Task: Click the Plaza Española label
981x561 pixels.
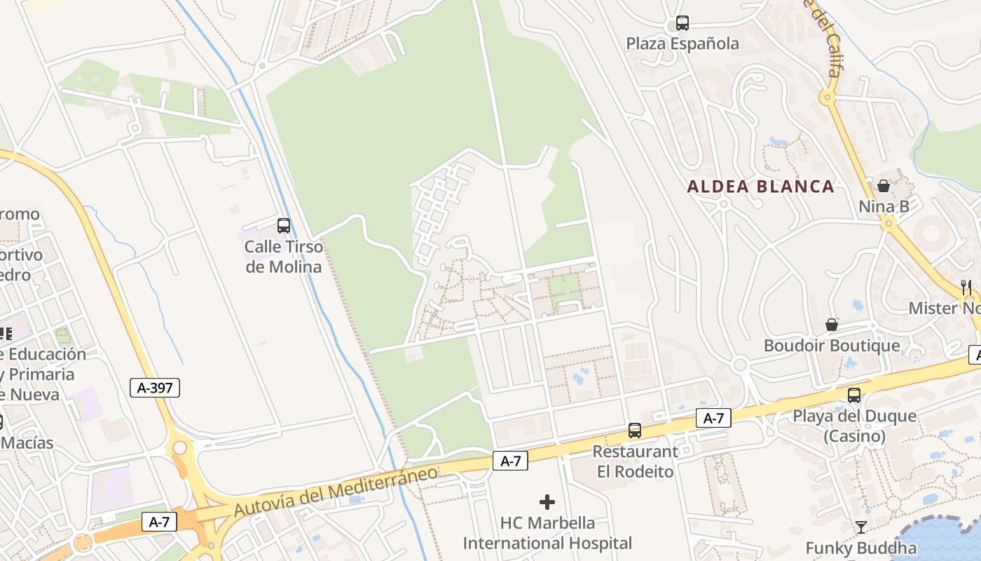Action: pyautogui.click(x=682, y=44)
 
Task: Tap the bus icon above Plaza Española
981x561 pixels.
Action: pyautogui.click(x=682, y=23)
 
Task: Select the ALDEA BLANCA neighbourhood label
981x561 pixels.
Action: pyautogui.click(x=761, y=187)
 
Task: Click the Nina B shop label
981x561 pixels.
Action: pyautogui.click(x=884, y=207)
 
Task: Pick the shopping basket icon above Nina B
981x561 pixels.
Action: pyautogui.click(x=884, y=186)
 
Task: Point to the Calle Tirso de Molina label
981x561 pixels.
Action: pyautogui.click(x=284, y=257)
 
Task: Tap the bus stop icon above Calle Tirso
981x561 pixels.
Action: pyautogui.click(x=284, y=226)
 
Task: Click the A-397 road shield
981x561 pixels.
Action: pyautogui.click(x=155, y=388)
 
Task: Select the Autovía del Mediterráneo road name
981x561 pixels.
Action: pyautogui.click(x=336, y=491)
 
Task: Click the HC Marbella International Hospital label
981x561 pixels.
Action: pyautogui.click(x=547, y=533)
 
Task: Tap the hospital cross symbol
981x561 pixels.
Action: pyautogui.click(x=547, y=502)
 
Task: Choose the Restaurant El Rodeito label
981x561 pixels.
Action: pyautogui.click(x=635, y=461)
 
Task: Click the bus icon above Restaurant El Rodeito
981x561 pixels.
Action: pyautogui.click(x=635, y=431)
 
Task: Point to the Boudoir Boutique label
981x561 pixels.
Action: pyautogui.click(x=832, y=346)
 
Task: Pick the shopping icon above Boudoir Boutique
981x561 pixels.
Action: pyautogui.click(x=832, y=325)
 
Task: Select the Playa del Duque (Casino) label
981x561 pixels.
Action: pyautogui.click(x=854, y=426)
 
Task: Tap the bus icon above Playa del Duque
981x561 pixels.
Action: pyautogui.click(x=854, y=395)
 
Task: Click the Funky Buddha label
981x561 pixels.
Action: pyautogui.click(x=861, y=548)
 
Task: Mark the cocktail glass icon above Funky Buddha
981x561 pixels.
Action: pyautogui.click(x=861, y=527)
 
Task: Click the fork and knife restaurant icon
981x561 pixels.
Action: pyautogui.click(x=966, y=287)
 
